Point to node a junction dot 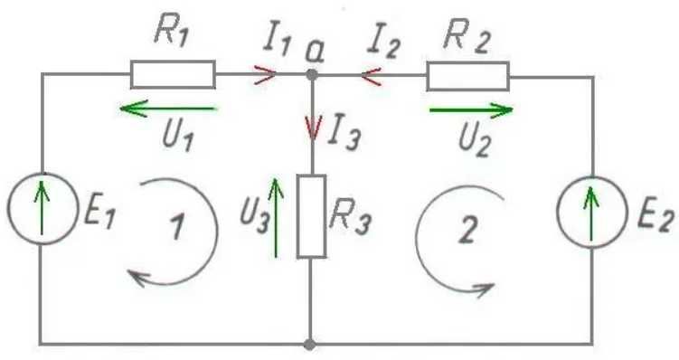(x=312, y=75)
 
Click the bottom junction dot (x=309, y=345)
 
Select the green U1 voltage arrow (x=167, y=109)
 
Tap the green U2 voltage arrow (x=471, y=110)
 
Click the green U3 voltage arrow (x=276, y=217)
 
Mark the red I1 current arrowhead (x=266, y=74)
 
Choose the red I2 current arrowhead (x=371, y=77)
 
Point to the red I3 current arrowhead (x=313, y=128)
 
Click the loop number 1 (x=176, y=226)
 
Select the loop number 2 (x=467, y=229)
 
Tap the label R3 (x=350, y=217)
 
